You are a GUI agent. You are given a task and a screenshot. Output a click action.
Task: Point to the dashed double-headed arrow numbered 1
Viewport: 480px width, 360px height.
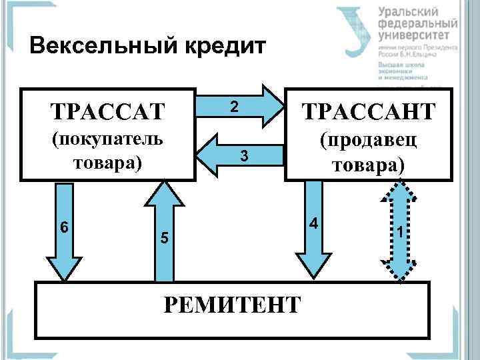coord(399,233)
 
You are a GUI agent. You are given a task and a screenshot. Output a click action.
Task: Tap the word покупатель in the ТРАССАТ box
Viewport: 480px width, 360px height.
coord(107,141)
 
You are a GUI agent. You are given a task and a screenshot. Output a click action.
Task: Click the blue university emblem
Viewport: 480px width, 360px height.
coord(354,30)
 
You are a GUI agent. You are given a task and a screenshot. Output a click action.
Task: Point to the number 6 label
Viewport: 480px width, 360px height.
coord(63,227)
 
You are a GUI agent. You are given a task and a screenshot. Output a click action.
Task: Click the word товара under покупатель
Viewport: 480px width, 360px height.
coord(107,163)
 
